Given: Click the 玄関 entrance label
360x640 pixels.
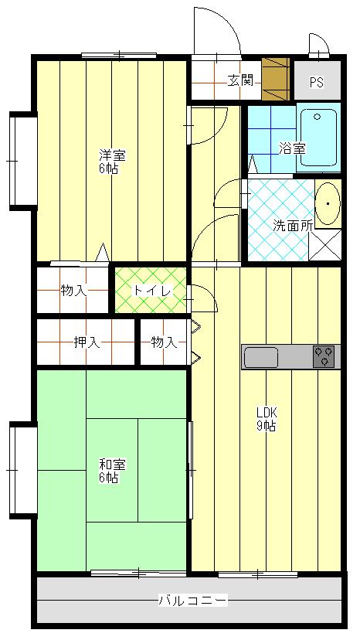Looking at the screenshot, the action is coord(240,81).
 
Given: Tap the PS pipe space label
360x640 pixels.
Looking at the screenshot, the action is coord(316,83).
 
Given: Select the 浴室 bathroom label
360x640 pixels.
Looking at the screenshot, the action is coord(292,148).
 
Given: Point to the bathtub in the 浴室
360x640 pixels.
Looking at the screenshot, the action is coord(319,138).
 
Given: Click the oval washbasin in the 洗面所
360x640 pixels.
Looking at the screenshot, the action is coord(328,203).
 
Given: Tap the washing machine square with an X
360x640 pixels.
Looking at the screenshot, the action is coord(325,245).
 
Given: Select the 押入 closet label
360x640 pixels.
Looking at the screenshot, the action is coord(87,342).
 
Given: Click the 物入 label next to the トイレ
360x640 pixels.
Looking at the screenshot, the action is coord(73,291).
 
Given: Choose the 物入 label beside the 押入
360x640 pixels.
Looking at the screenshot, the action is coord(164,342).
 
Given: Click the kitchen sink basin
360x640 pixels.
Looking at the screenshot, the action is coord(261,357).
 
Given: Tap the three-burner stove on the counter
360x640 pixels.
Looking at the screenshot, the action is coord(324,356).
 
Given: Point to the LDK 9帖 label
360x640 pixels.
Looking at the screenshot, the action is coord(266,419).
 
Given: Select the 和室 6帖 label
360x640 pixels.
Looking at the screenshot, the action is coord(113,471).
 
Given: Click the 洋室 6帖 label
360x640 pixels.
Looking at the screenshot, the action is coord(113,162).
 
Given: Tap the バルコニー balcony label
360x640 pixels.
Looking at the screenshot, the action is coord(192,601).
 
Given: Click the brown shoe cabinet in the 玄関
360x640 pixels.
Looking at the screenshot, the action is coord(276,79).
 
